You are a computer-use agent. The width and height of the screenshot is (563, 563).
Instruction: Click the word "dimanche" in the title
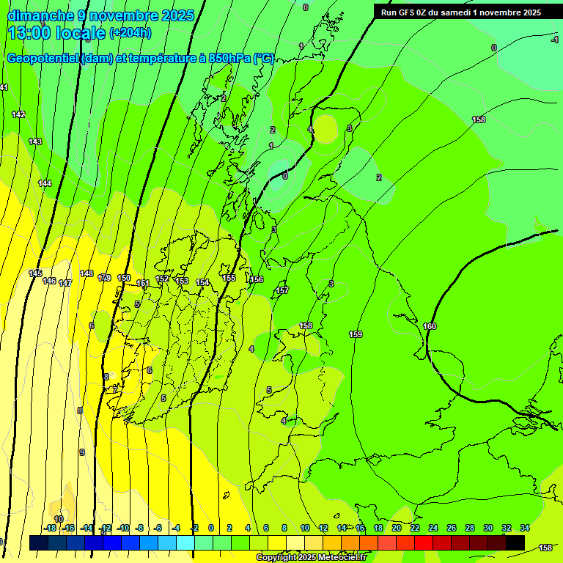click(38, 15)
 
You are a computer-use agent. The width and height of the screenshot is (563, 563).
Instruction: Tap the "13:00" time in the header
click(32, 33)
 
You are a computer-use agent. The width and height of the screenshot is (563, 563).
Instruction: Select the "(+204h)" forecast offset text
click(130, 33)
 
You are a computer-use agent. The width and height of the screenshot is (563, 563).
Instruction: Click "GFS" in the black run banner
click(409, 12)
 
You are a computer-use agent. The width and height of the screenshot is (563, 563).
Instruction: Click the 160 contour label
click(430, 326)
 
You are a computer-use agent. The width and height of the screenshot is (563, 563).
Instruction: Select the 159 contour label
click(356, 334)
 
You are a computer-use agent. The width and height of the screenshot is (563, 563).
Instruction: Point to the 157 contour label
click(282, 291)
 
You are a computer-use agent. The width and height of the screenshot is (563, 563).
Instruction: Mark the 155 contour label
click(229, 278)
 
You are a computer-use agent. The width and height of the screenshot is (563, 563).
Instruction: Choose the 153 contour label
click(182, 281)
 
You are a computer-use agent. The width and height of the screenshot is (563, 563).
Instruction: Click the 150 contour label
click(124, 278)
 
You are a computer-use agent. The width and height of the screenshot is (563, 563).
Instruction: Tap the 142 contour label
click(18, 114)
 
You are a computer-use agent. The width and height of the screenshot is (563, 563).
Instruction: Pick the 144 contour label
click(45, 183)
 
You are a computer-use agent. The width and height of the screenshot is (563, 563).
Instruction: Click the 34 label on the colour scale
click(525, 528)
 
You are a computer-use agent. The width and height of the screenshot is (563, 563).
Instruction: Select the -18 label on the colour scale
click(50, 528)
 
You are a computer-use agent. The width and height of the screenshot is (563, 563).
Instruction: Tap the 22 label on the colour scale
click(415, 528)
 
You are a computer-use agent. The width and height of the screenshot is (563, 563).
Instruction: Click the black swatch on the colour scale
click(515, 542)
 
